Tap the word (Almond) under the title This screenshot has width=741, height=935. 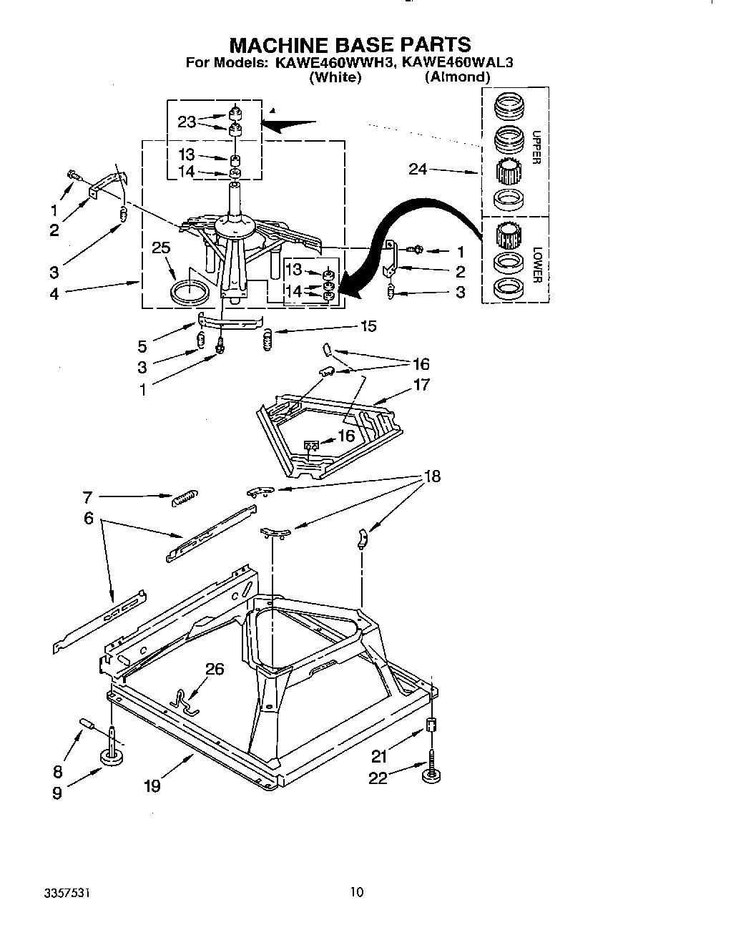point(457,77)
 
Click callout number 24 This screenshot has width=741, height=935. point(418,169)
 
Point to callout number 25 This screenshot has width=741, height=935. point(162,248)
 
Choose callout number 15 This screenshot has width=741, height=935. point(368,326)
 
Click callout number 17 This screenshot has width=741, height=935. point(422,385)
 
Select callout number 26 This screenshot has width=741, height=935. point(215,669)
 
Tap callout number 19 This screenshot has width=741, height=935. point(152,785)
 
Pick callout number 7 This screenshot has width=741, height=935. point(88,496)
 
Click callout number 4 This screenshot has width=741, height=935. point(54,293)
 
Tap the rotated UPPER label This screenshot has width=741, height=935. point(536,147)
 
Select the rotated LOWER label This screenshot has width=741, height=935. point(536,265)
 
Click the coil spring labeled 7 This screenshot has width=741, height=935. point(185,498)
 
